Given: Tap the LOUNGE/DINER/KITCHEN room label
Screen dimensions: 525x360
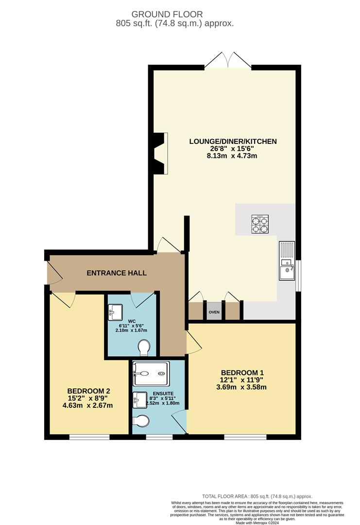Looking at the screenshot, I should [x=233, y=141].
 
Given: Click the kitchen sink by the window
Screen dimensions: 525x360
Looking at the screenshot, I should [x=287, y=261].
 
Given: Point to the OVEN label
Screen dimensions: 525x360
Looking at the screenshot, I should [x=214, y=312].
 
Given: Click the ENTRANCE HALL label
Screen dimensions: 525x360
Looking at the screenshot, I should [x=117, y=273].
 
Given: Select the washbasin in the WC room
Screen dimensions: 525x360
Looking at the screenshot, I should [x=116, y=311].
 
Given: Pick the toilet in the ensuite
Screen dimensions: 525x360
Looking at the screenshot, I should [x=141, y=421].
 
